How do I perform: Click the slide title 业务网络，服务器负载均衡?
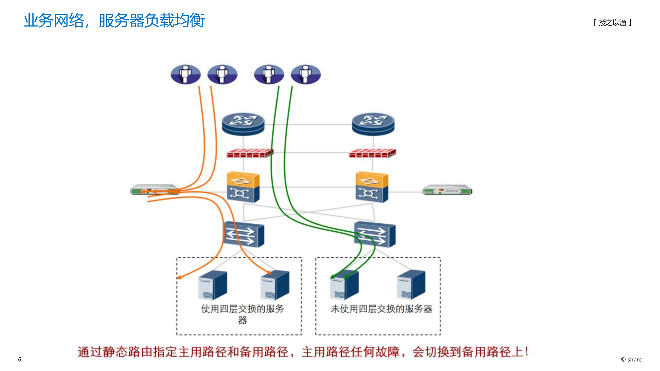coord(114,21)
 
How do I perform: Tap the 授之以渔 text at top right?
coord(612,23)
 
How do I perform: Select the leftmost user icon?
coord(186,74)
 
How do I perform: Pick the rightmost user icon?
coord(306,74)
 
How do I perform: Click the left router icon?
coord(243,124)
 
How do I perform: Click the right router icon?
coord(373,124)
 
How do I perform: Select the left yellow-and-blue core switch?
coord(243,187)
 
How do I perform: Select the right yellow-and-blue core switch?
coord(372,187)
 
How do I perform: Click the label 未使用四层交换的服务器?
coord(381,309)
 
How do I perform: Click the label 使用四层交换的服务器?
coord(242,313)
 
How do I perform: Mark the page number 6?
coord(20,359)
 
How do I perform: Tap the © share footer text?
coord(631,359)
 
